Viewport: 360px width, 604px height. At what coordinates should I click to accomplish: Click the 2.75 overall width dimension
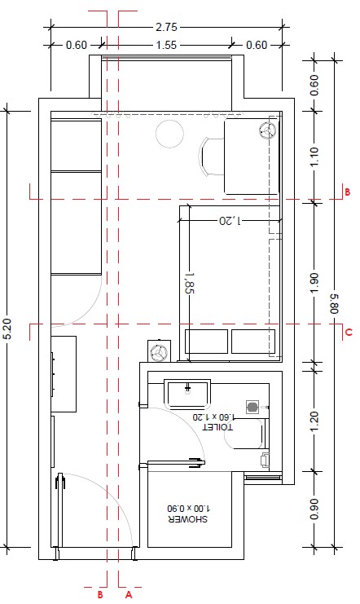pos(166,27)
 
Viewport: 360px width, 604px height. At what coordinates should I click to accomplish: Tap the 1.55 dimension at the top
pos(166,45)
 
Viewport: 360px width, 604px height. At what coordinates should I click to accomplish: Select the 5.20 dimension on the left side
pos(9,328)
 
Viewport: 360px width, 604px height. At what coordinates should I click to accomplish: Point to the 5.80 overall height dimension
pos(334,303)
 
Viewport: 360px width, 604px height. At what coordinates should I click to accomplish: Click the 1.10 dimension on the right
pos(314,157)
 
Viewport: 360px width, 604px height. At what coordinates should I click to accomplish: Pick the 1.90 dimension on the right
pos(314,282)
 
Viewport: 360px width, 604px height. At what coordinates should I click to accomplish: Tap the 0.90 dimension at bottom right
pos(314,509)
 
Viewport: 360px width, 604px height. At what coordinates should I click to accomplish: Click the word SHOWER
pos(188,519)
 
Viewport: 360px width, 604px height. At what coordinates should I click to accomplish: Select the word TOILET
pos(217,427)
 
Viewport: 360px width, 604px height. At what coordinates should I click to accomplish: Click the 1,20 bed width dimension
pos(230,220)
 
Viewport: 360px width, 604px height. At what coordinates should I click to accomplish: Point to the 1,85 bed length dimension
pos(190,283)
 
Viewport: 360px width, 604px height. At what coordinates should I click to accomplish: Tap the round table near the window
pos(169,134)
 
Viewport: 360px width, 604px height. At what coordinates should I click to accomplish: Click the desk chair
pos(211,157)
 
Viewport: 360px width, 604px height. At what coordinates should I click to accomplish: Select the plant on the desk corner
pos(267,130)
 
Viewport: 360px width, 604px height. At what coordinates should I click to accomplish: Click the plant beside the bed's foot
pos(159,351)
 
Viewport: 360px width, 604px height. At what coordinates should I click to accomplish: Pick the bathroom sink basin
pos(187,394)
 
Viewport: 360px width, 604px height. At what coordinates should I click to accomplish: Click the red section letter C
pos(349,332)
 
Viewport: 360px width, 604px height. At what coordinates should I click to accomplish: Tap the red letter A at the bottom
pos(129,595)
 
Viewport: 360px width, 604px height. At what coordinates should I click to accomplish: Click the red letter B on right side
pos(347,192)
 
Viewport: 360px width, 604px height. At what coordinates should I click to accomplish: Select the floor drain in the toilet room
pos(252,407)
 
